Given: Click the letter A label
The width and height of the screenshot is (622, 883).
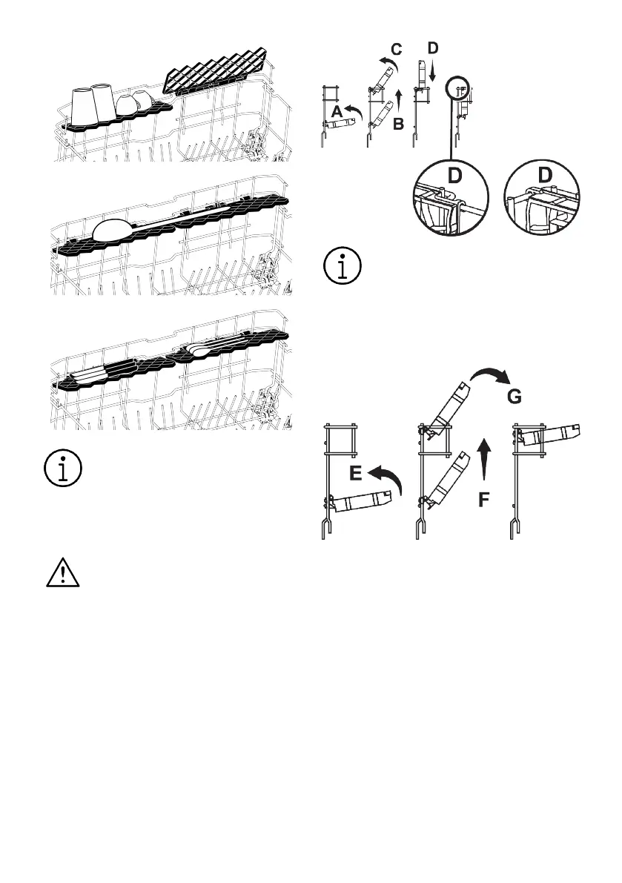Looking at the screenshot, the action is click(x=337, y=111).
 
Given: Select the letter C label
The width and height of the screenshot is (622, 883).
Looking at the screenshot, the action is click(x=397, y=50).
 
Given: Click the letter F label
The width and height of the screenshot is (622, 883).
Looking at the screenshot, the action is click(x=483, y=500).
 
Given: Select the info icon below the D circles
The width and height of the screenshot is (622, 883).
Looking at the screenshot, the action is click(x=343, y=267).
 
